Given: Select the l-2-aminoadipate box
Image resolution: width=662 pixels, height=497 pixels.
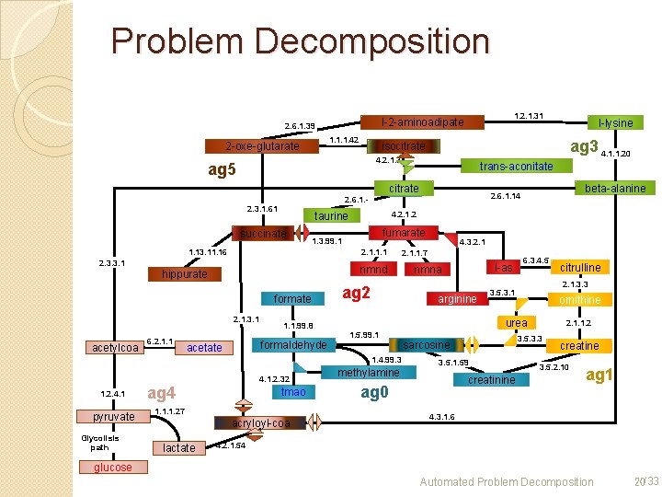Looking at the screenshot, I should coord(423,121).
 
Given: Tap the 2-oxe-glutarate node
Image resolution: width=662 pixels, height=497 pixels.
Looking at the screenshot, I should coord(263,146).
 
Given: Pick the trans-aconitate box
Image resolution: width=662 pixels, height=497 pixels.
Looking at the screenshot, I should coord(516,166).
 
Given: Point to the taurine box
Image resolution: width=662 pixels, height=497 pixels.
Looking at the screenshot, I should coord(331,216).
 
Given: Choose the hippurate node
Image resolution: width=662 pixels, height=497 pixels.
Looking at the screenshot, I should coord(185,274).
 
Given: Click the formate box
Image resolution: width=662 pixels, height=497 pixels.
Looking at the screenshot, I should coord(292,298).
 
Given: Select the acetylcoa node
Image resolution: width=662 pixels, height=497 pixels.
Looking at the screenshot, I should coord(116,347).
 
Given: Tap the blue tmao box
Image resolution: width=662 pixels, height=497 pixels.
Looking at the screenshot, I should coord(293,392).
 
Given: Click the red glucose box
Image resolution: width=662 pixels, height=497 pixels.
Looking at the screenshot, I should coord(111,468).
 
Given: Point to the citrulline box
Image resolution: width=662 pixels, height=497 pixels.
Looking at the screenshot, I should coord(580,268).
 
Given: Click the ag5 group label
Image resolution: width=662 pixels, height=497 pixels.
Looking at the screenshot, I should coord(222,169).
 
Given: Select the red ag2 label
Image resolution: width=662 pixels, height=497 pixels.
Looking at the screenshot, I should coord(356,293).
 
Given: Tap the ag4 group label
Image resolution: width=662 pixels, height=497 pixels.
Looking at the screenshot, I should coord(162,395).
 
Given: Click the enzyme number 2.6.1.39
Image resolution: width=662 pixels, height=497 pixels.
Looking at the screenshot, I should coord(300,125).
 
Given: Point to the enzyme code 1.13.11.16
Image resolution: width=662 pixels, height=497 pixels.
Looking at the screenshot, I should coord(208,251).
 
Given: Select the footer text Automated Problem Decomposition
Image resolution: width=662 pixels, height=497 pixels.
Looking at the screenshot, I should coord(507,481).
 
